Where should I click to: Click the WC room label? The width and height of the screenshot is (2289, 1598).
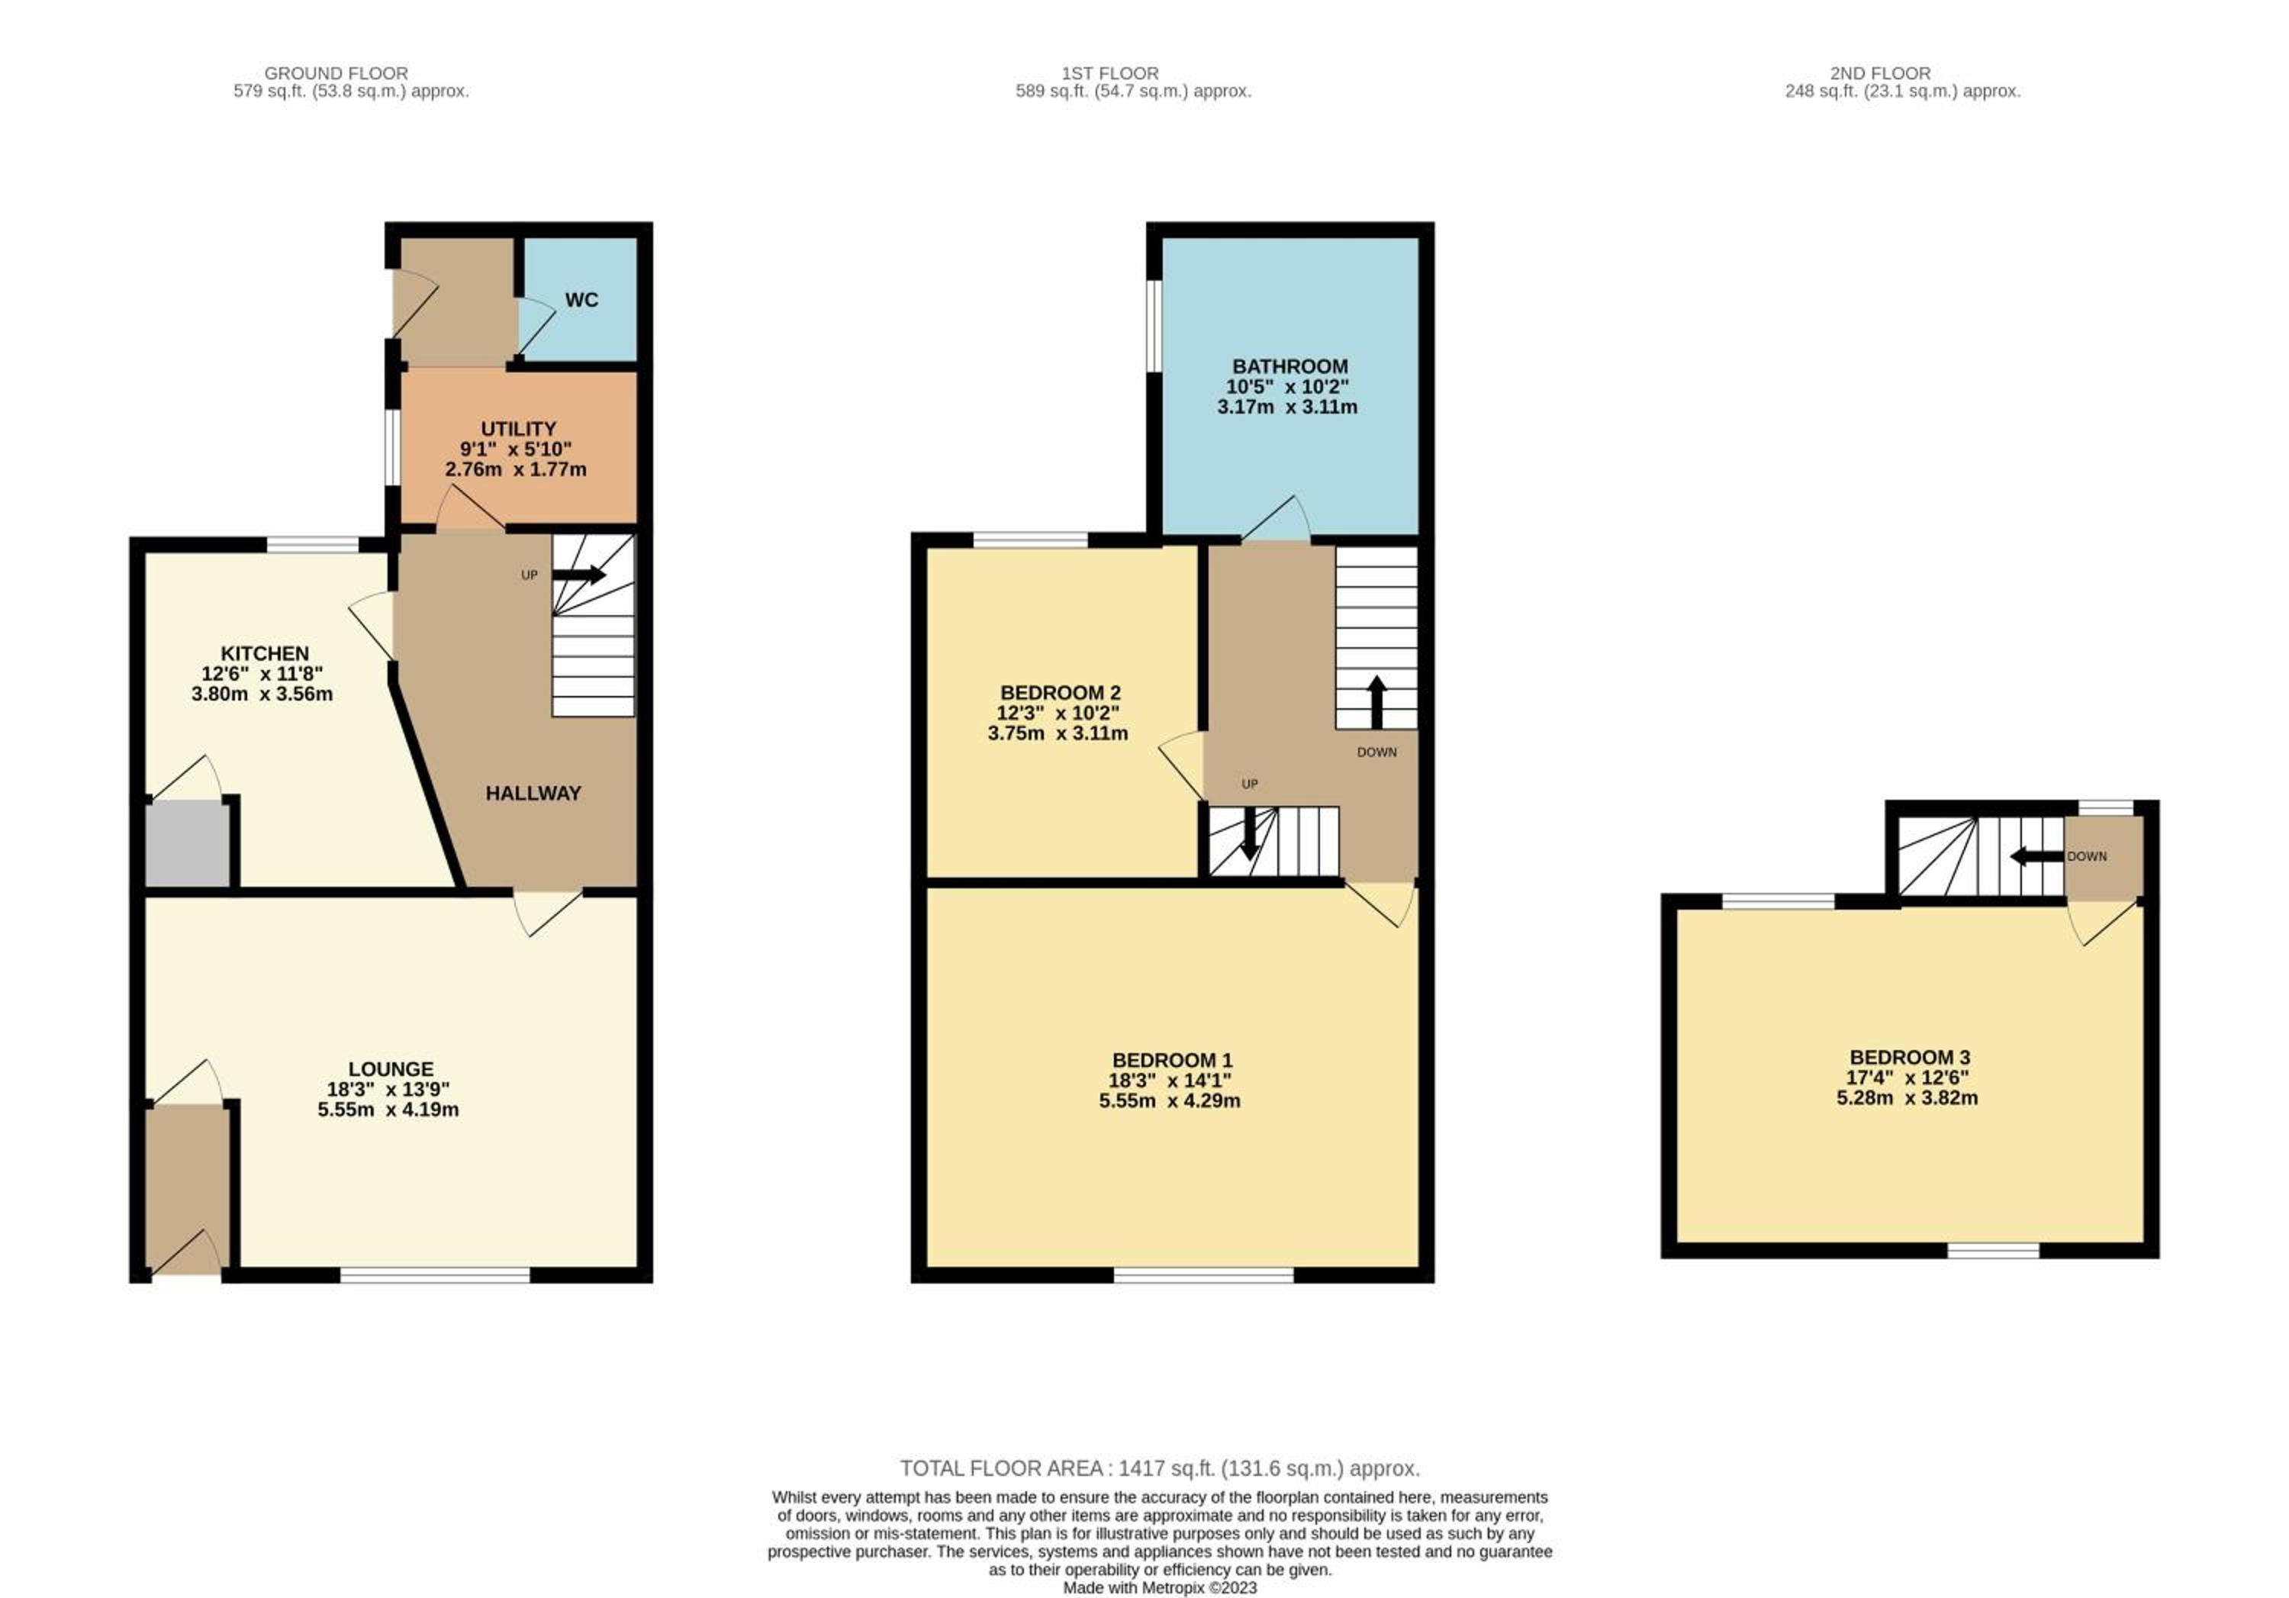pos(581,300)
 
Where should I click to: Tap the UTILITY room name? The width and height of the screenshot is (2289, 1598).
pos(518,429)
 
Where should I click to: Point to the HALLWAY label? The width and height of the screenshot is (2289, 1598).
pos(533,794)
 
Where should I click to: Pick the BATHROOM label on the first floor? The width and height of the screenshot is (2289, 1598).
pos(1290,367)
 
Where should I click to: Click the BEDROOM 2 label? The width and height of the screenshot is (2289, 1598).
pos(1060,693)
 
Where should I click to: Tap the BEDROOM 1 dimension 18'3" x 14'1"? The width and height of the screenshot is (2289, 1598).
pos(1170,1081)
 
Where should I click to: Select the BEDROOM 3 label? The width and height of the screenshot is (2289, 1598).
pos(1909,1058)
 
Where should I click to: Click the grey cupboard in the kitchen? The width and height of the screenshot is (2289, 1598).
pos(188,846)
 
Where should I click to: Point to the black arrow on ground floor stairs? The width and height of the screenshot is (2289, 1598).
pos(578,575)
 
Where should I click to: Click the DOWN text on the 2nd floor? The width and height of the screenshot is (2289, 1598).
pos(2087,856)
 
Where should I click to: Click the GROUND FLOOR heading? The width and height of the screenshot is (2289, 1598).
pos(336,72)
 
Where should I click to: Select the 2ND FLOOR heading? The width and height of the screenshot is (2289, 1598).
pos(1880,72)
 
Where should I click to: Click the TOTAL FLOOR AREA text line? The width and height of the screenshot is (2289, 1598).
pos(1160,1468)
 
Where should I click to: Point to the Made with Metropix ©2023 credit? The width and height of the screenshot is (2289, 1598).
pos(1160,1588)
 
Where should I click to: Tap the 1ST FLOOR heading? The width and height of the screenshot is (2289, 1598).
pos(1109,72)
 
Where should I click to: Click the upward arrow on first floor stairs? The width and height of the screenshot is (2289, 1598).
pos(1376,703)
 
